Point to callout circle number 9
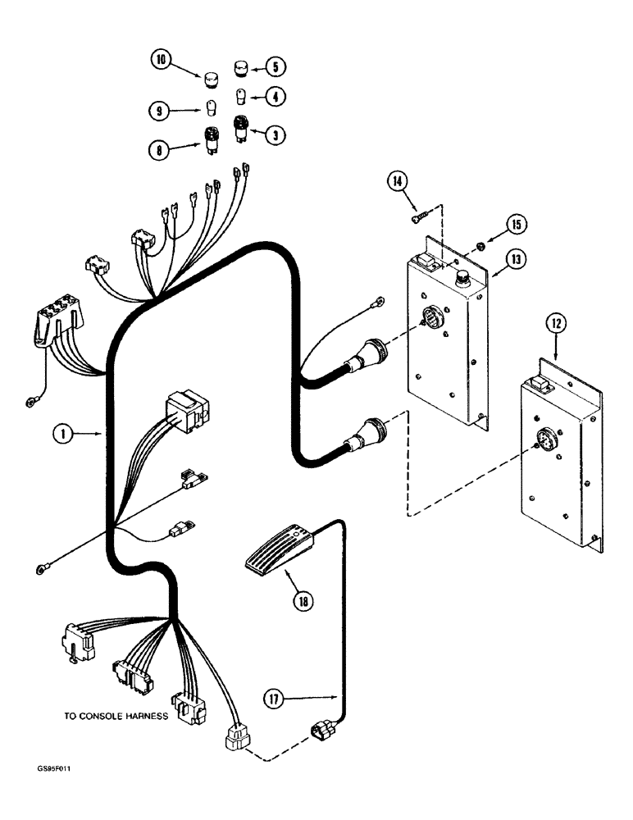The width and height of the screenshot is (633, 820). tap(161, 108)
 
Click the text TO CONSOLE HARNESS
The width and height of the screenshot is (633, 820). tap(116, 716)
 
